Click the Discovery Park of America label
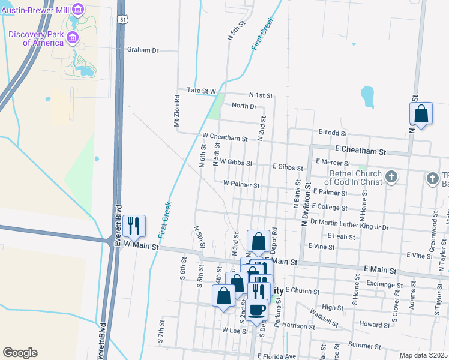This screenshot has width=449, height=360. [35, 38]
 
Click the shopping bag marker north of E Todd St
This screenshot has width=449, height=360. [421, 113]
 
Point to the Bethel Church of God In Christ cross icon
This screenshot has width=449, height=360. [391, 176]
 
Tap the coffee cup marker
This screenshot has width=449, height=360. [258, 310]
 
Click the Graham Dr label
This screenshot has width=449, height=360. [142, 50]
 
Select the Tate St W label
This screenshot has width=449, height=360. [201, 91]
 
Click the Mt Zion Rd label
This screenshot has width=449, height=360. [177, 112]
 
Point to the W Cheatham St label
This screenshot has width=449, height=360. [225, 138]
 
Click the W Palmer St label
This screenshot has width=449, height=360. [241, 185]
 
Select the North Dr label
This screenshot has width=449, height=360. [244, 106]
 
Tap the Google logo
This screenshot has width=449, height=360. [20, 353]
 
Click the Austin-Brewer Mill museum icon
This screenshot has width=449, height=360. [77, 9]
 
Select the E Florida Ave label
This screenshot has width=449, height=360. [277, 356]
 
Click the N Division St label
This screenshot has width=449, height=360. [306, 204]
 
